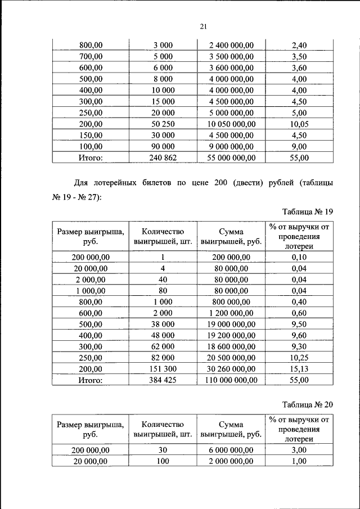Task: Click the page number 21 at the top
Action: coord(204,26)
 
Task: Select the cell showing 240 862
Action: coord(163,158)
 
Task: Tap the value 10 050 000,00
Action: coord(231,124)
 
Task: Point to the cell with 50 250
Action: coord(163,124)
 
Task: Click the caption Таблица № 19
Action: coord(308,211)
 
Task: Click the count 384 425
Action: coord(163,381)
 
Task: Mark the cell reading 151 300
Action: coord(163,369)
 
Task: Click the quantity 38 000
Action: coord(163,324)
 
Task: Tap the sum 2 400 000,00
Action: coord(231,45)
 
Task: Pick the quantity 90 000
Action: coord(163,147)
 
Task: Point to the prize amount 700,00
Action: coord(91,56)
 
